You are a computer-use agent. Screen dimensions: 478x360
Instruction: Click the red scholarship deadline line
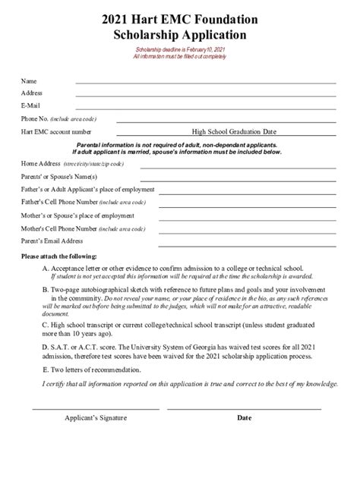(x=179, y=49)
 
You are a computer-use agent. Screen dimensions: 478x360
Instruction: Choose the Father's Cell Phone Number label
(x=73, y=203)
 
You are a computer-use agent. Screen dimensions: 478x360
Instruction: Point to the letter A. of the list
(x=46, y=269)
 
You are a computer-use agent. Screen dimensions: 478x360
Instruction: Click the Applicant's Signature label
(x=96, y=418)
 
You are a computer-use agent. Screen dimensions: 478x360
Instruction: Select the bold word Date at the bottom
(x=244, y=418)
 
